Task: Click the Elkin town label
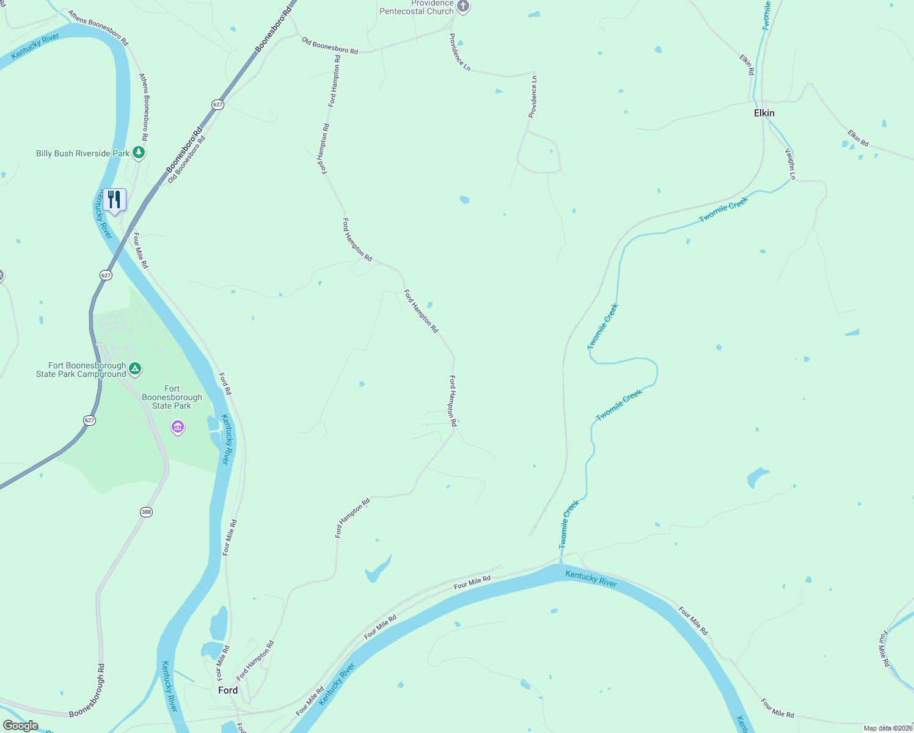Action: pyautogui.click(x=764, y=113)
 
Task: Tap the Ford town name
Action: pyautogui.click(x=228, y=690)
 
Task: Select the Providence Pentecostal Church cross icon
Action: pyautogui.click(x=463, y=7)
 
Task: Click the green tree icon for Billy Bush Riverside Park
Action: pyautogui.click(x=139, y=153)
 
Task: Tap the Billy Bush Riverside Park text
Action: pyautogui.click(x=82, y=153)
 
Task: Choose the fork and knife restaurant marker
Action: pyautogui.click(x=114, y=200)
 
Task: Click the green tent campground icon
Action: pyautogui.click(x=136, y=369)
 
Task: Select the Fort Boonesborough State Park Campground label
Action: pyautogui.click(x=81, y=370)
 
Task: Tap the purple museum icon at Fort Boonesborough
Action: pyautogui.click(x=178, y=426)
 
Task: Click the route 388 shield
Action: pyautogui.click(x=146, y=512)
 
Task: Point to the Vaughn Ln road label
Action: pyautogui.click(x=790, y=164)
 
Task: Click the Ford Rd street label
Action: pyautogui.click(x=225, y=384)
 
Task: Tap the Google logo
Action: pyautogui.click(x=20, y=726)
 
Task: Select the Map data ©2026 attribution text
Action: pyautogui.click(x=888, y=728)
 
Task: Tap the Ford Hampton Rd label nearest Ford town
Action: pyautogui.click(x=255, y=660)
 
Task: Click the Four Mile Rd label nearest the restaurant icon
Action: pyautogui.click(x=141, y=250)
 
